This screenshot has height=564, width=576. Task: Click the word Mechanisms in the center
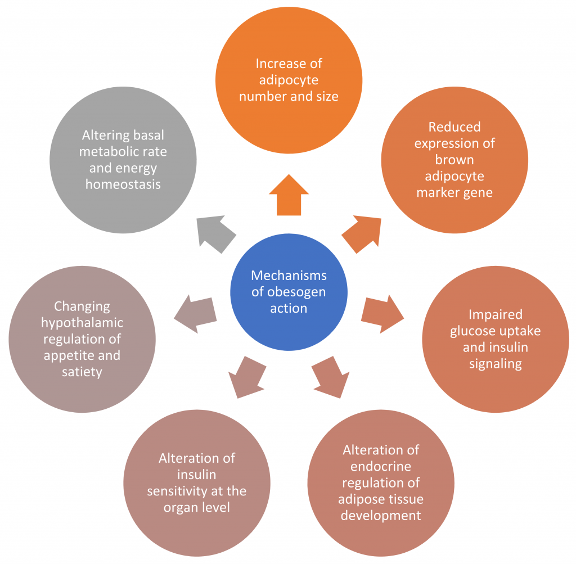(289, 276)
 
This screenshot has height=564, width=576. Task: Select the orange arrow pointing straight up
(289, 195)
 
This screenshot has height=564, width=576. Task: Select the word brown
(454, 160)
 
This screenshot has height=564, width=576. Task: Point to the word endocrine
(380, 466)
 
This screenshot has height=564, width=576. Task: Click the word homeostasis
(123, 184)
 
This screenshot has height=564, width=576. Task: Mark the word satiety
(82, 372)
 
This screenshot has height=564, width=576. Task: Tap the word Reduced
(454, 127)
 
